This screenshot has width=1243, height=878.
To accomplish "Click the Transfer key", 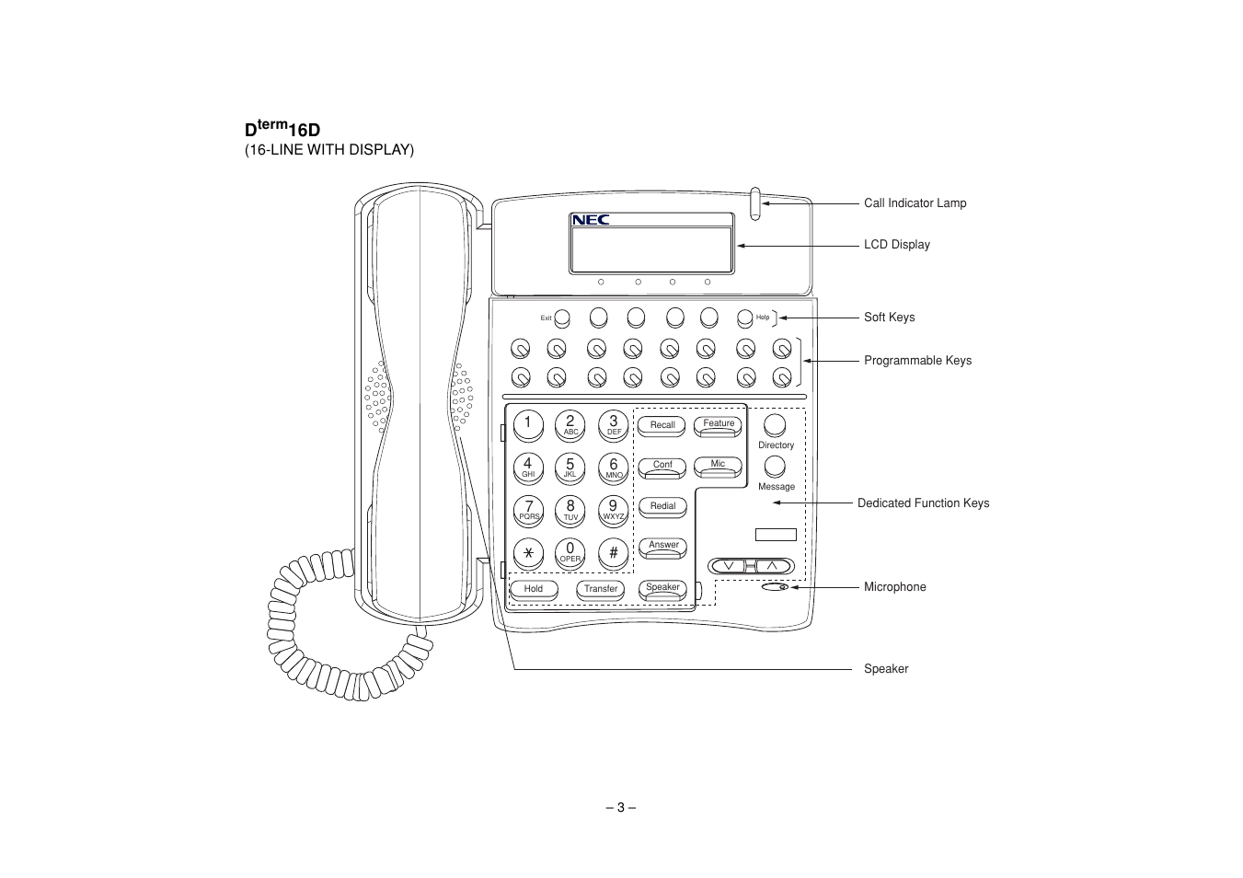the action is (601, 589).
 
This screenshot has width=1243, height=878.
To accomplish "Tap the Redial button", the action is (662, 506).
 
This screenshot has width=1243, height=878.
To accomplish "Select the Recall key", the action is (662, 425).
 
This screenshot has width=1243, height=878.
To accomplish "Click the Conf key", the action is (662, 466).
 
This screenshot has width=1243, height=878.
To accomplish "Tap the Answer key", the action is (663, 546).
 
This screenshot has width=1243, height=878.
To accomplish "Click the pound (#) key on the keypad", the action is (613, 552).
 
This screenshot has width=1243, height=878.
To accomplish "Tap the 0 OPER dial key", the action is (570, 552).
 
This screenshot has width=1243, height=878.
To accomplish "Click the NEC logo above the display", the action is (591, 220).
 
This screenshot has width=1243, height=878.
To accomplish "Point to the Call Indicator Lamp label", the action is (915, 203).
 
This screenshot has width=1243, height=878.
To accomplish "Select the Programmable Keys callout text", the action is (917, 361).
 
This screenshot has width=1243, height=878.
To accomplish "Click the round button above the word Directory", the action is (776, 425).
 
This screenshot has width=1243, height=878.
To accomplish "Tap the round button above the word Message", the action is (776, 467).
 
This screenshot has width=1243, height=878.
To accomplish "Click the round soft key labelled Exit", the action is (562, 318).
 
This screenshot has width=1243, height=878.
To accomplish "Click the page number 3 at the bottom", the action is (621, 808).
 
